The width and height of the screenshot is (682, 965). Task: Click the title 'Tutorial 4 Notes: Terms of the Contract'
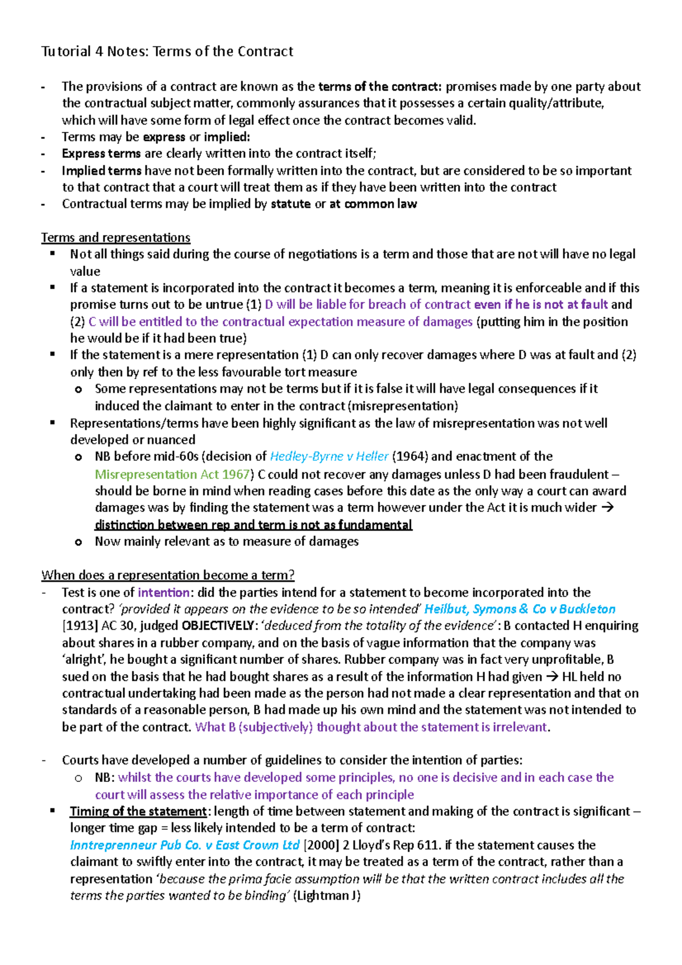[167, 51]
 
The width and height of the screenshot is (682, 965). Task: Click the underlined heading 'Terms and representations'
[115, 238]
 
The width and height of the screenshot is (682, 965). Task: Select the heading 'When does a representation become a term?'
[168, 575]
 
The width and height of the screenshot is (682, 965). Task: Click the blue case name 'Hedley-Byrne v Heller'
[329, 456]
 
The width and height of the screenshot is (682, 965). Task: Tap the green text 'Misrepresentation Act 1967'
[172, 474]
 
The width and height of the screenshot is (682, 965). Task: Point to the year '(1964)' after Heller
[410, 456]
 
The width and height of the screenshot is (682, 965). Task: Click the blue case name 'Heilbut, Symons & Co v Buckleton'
[519, 609]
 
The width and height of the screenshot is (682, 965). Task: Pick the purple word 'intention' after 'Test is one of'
[163, 592]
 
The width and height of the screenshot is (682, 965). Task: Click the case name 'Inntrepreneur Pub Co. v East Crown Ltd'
[185, 845]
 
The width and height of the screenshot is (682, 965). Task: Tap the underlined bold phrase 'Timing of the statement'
[138, 811]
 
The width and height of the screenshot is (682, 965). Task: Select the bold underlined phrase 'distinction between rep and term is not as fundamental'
[253, 525]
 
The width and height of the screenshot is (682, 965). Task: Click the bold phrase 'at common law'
[373, 204]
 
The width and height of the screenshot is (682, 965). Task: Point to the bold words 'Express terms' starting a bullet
[101, 153]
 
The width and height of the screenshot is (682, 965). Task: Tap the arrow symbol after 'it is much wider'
[607, 508]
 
